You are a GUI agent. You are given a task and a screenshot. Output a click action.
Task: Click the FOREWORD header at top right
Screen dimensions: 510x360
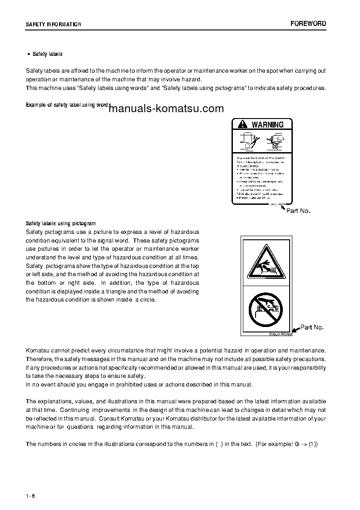[308, 24]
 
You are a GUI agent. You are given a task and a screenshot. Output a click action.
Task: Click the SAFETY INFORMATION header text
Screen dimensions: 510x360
[54, 25]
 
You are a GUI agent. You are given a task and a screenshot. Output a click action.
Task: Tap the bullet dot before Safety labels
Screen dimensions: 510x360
[29, 54]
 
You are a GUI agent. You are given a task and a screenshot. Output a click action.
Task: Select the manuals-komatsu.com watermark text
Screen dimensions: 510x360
[167, 109]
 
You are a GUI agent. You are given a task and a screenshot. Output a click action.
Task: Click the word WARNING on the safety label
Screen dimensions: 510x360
[267, 124]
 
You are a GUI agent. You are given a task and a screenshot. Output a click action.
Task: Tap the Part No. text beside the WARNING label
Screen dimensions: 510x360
[298, 211]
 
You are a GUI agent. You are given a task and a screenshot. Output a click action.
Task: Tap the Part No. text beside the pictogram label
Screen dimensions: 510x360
[312, 327]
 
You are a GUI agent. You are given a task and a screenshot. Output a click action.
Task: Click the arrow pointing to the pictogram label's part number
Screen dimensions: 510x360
[295, 330]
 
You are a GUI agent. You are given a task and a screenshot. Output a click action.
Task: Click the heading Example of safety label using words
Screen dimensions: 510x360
[68, 105]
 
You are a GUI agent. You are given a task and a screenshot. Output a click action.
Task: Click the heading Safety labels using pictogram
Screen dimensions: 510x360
[60, 223]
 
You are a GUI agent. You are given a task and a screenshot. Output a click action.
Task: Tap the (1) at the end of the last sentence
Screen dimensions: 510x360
[313, 444]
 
